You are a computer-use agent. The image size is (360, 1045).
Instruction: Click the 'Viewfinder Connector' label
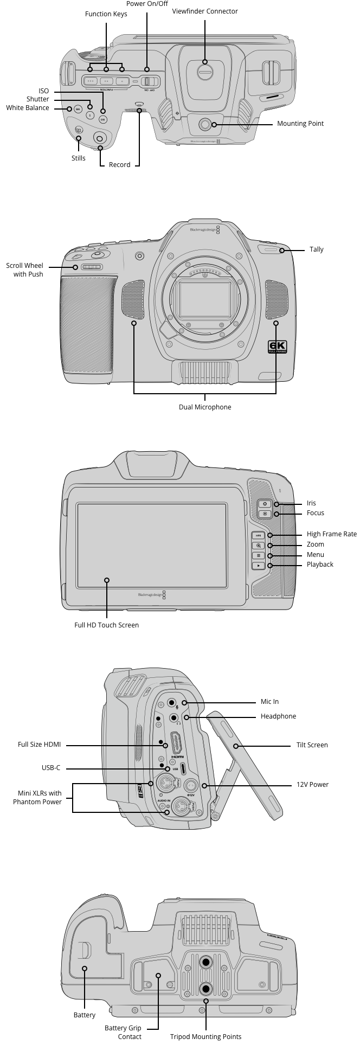204,11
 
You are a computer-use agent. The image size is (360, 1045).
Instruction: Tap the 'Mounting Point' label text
300,124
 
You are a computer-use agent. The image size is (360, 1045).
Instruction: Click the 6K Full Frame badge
277,347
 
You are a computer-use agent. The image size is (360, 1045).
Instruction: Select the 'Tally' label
316,249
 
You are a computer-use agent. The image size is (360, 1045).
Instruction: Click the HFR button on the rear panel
259,535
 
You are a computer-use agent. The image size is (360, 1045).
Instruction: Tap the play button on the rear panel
259,565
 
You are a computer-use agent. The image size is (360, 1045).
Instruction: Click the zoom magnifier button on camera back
259,546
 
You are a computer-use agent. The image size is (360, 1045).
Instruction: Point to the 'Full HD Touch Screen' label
106,625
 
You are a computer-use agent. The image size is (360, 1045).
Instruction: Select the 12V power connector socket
191,785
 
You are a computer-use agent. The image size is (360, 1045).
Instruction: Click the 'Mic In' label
269,702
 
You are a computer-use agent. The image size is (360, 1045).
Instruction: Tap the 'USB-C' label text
51,768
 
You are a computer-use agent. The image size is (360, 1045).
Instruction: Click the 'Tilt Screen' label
312,745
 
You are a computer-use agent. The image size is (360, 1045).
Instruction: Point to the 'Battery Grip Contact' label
123,1032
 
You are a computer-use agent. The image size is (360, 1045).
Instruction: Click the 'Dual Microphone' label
205,407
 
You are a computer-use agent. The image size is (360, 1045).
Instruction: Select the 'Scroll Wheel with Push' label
24,270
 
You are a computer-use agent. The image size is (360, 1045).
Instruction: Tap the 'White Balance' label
28,108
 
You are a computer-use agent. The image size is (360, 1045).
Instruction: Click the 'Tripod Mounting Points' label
205,1036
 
